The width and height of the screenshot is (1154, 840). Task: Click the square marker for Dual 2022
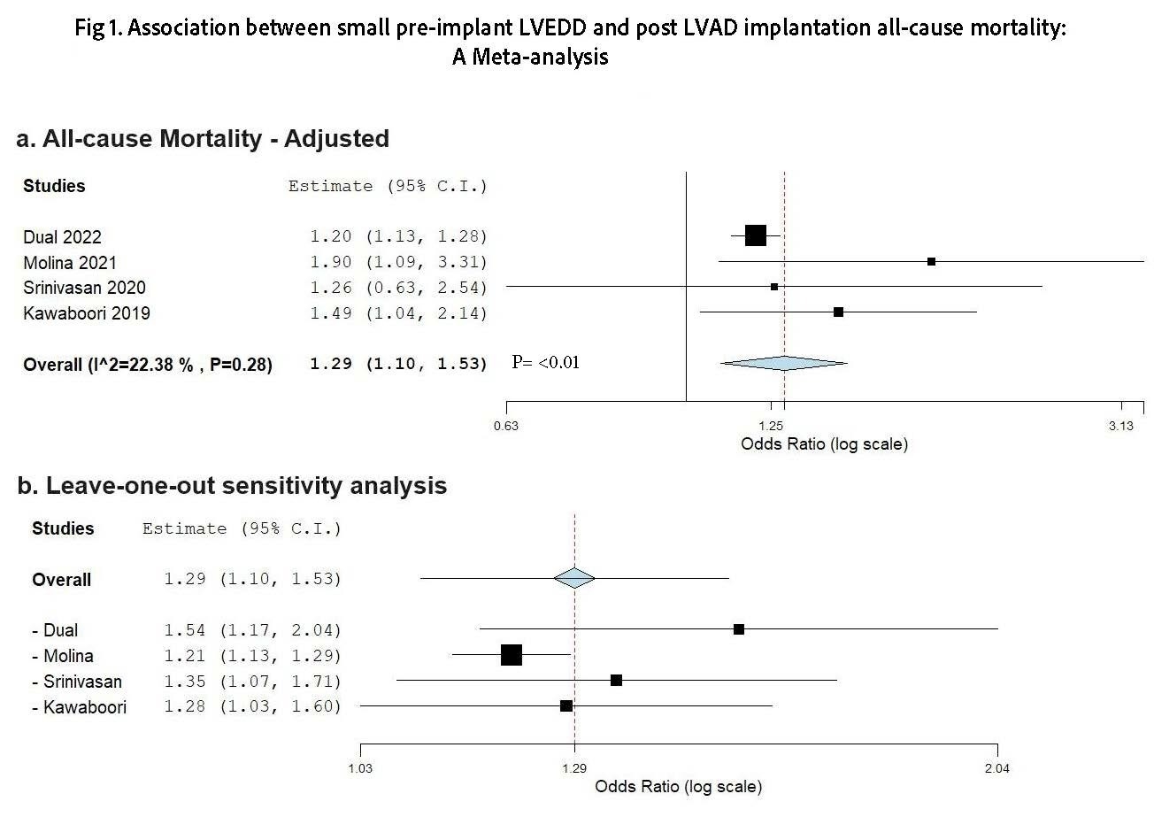[755, 235]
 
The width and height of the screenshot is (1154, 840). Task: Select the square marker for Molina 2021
[931, 261]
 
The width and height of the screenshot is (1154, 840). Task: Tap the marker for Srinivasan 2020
[774, 287]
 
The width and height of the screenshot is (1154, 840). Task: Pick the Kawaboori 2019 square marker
[838, 312]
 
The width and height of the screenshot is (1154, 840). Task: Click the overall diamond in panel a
[784, 363]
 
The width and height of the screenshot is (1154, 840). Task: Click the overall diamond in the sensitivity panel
[574, 578]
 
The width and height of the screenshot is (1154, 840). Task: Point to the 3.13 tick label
[1120, 426]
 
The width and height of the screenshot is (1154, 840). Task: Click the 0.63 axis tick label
[506, 426]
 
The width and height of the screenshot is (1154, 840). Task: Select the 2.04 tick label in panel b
[997, 768]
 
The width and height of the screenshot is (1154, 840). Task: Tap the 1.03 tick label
[360, 768]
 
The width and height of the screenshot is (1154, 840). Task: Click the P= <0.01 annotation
[546, 362]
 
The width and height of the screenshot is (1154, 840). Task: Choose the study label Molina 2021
[70, 263]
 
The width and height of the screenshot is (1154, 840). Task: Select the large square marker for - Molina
[512, 655]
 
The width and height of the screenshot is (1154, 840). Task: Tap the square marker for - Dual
[739, 629]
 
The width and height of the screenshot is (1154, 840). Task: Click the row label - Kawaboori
[79, 707]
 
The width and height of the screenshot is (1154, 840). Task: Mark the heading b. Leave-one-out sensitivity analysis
[232, 486]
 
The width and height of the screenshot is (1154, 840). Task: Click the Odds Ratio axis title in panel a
[824, 444]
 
